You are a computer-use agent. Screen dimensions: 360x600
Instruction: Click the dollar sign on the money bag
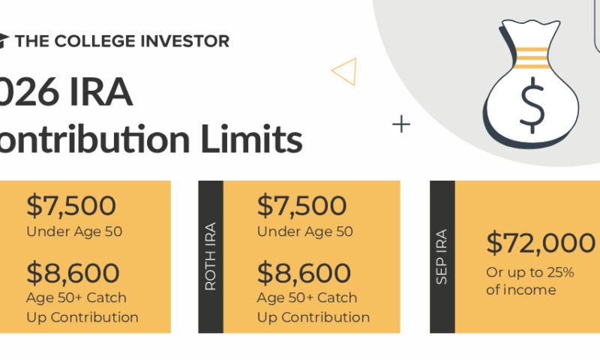(532, 103)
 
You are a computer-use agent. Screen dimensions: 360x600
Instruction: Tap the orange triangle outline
(344, 71)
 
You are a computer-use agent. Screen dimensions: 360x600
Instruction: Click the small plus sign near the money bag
(401, 124)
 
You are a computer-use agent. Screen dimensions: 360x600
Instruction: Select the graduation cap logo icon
(4, 40)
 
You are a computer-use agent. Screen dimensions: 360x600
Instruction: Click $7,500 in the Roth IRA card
(301, 206)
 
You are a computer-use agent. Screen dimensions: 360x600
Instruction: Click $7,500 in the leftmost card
(71, 206)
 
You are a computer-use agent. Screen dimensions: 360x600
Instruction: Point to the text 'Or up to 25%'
(530, 272)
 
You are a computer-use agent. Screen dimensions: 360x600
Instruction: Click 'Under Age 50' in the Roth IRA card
(304, 232)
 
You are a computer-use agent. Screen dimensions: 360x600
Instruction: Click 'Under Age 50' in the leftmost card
(73, 232)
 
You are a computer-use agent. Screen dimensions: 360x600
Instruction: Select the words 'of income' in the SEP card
(521, 290)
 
